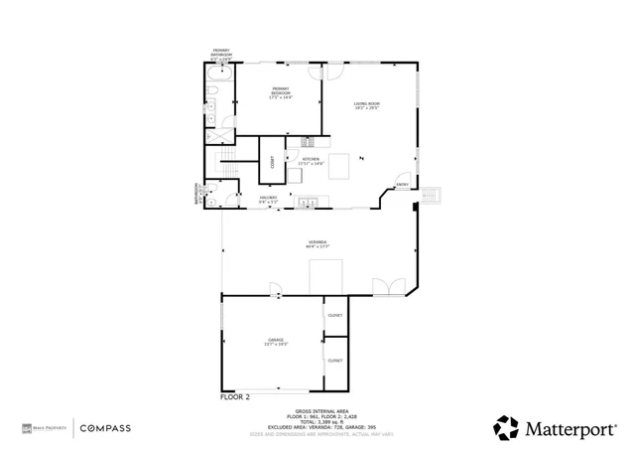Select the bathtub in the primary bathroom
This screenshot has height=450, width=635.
[x=219, y=75]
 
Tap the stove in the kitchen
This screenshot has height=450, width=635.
[x=308, y=142]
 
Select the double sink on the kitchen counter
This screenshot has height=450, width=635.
[x=309, y=204]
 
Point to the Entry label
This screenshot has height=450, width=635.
[x=402, y=184]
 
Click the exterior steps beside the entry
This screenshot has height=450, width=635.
[x=431, y=195]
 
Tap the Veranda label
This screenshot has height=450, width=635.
[x=317, y=243]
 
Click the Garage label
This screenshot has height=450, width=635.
[x=276, y=343]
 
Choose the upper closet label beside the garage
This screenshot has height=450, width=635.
[x=335, y=316]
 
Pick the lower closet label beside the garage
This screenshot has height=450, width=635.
[x=335, y=361]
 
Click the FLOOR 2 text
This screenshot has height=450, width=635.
[x=235, y=396]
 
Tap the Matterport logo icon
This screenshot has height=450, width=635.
[x=506, y=427]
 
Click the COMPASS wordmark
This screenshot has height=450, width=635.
[x=104, y=428]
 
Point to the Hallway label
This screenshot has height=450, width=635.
[x=268, y=199]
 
